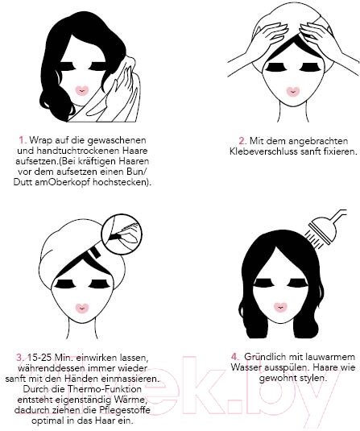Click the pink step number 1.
point(23,140)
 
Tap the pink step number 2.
point(242,141)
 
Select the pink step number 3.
point(21,358)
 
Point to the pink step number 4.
point(235,357)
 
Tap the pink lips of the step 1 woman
point(81,91)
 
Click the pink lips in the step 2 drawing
point(292,92)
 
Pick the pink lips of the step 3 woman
point(81,309)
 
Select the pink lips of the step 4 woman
point(280,307)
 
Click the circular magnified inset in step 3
point(122,234)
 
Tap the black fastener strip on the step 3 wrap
point(95,252)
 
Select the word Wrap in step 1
point(41,140)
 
